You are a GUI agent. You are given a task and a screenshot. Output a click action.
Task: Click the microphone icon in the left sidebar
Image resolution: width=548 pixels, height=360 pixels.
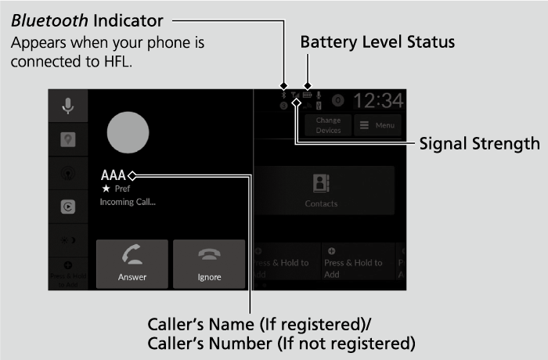tap(68, 106)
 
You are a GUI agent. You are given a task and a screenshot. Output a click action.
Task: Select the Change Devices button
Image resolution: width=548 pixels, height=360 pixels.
tap(328, 125)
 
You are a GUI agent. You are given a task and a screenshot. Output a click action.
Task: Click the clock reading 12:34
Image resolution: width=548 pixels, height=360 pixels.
tap(378, 101)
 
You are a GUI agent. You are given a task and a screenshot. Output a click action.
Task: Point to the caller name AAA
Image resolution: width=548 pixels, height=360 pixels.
tap(114, 175)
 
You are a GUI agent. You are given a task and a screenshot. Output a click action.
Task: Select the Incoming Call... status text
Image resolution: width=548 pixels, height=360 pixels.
tap(128, 202)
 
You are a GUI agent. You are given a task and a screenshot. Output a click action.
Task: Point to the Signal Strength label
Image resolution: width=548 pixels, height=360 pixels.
tap(479, 144)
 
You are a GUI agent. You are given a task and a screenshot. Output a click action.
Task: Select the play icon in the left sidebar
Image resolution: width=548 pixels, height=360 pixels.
tap(68, 207)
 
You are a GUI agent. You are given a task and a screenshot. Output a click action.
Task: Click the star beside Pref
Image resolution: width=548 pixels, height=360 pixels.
tap(104, 189)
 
